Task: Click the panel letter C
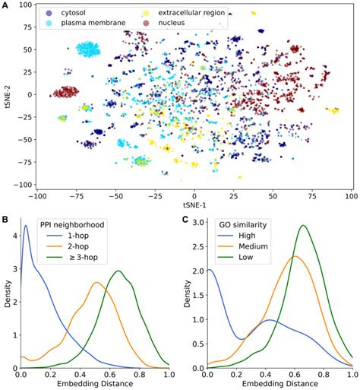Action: coord(187,221)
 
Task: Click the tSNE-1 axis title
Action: coord(194,206)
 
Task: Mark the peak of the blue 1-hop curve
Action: coord(26,226)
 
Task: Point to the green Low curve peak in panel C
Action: coord(304,225)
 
